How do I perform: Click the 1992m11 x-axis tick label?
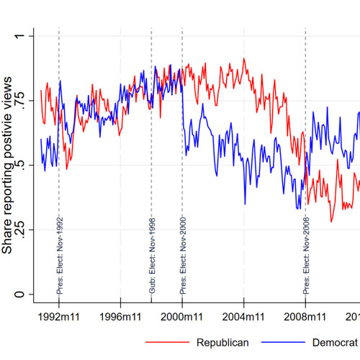[x=59, y=315]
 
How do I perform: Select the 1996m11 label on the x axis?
[x=120, y=315]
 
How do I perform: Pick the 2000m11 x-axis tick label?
[x=182, y=315]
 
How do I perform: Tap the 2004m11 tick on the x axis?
[x=244, y=315]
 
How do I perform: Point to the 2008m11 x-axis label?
[x=306, y=315]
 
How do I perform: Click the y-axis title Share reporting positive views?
[x=9, y=165]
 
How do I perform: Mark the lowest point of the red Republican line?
[x=332, y=222]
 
